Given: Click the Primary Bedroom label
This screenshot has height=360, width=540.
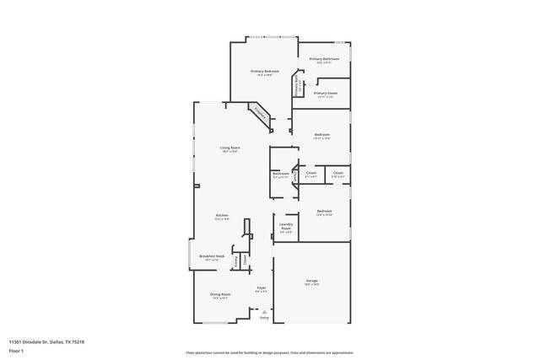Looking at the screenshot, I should pyautogui.click(x=264, y=72).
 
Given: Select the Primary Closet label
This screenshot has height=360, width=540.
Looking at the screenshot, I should pyautogui.click(x=326, y=93).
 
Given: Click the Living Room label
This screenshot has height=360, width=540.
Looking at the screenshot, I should pyautogui.click(x=229, y=148).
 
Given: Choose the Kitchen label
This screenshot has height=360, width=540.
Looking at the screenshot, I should pyautogui.click(x=222, y=216).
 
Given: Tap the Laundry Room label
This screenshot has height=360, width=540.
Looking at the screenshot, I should pyautogui.click(x=286, y=227).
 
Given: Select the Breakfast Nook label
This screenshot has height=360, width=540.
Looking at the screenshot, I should pyautogui.click(x=212, y=255).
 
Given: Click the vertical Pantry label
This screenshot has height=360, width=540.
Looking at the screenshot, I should pyautogui.click(x=236, y=261).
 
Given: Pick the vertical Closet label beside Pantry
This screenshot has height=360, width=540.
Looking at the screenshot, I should pyautogui.click(x=246, y=261).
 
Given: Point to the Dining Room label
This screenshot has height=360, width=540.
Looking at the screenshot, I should pyautogui.click(x=221, y=295).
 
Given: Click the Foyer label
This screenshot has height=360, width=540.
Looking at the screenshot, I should pyautogui.click(x=262, y=288).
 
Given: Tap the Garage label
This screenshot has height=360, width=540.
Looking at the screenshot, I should pyautogui.click(x=311, y=281).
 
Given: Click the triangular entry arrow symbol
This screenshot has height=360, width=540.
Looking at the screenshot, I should pyautogui.click(x=264, y=312).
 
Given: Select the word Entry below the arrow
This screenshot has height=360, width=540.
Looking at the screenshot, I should pyautogui.click(x=264, y=318).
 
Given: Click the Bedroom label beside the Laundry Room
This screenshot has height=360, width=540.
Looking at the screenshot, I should pyautogui.click(x=324, y=211).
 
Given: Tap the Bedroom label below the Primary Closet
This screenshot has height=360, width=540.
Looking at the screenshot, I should pyautogui.click(x=322, y=135).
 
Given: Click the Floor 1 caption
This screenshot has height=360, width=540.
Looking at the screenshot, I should pyautogui.click(x=17, y=350).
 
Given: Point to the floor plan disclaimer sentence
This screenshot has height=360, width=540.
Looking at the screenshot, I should pyautogui.click(x=269, y=352).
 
